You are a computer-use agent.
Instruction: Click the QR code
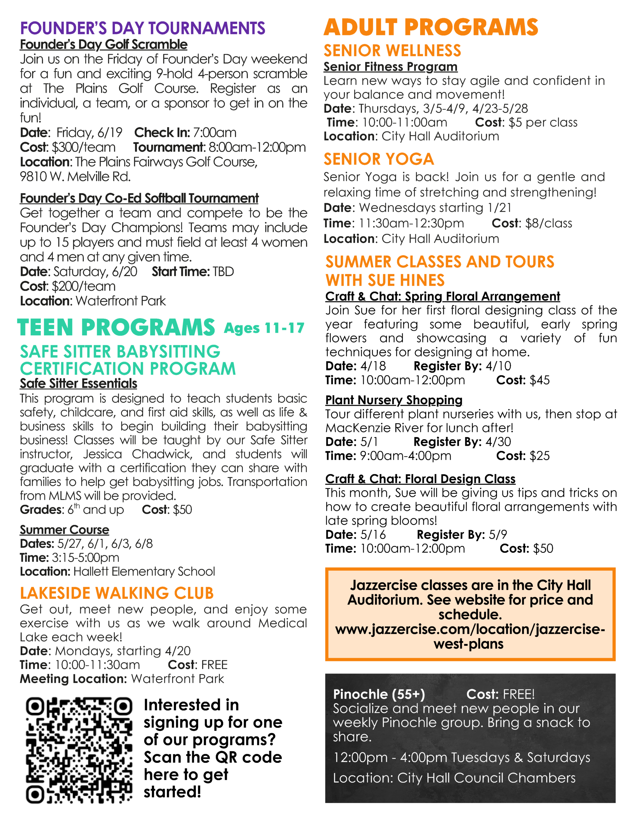point(79,750)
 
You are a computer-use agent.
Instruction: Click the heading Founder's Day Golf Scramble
point(104,44)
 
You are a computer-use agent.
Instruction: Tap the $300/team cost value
point(83,147)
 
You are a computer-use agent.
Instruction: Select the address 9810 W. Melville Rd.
point(75,176)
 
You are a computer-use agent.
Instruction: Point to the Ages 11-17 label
point(264,328)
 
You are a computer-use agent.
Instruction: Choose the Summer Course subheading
point(64,530)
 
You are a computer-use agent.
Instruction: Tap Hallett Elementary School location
point(144,571)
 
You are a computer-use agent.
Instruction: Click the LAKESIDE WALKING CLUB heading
point(117,593)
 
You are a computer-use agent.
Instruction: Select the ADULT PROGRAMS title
point(431,27)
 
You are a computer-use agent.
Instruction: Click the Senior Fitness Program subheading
point(390,67)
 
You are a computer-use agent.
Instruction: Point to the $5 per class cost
point(543,122)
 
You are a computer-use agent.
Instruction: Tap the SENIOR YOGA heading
point(379,159)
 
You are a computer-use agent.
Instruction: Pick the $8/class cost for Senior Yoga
point(548,223)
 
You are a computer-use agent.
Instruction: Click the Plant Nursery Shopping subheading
point(394,400)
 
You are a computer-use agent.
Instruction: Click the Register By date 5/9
point(498,534)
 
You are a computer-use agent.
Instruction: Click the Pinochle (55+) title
point(379,694)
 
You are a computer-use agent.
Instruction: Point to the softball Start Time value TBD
point(223,272)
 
